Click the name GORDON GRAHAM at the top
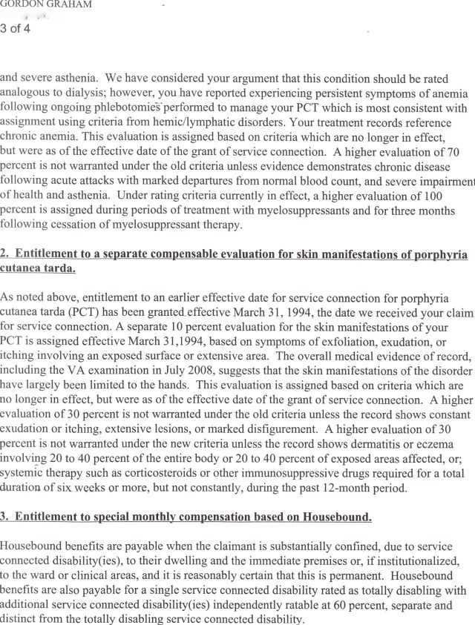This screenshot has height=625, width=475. pyautogui.click(x=46, y=4)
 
